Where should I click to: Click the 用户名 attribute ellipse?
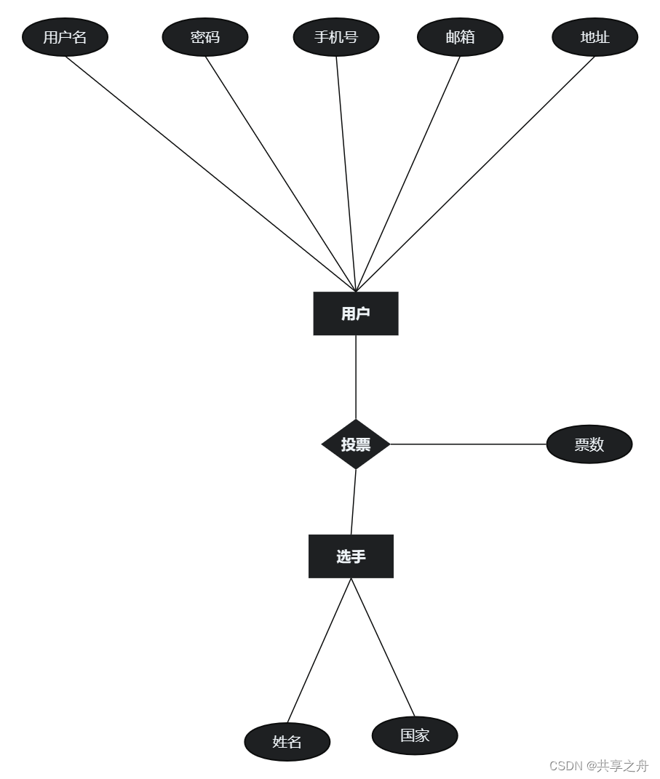point(65,37)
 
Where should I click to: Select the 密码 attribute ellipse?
point(205,37)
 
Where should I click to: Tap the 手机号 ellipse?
point(336,37)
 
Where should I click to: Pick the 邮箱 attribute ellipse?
point(460,37)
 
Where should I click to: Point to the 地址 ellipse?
point(595,37)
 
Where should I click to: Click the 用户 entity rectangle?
point(356,313)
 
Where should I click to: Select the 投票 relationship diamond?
point(356,444)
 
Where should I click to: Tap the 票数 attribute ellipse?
point(589,444)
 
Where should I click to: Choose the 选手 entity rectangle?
point(351,556)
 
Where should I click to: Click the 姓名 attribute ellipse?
point(287,742)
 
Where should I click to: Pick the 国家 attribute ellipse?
point(415,735)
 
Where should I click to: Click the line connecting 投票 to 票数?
point(468,444)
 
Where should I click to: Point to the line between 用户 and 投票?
point(356,377)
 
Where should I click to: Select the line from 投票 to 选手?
point(354,502)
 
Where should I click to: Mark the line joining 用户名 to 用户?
point(211,175)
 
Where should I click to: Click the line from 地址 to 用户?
point(475,175)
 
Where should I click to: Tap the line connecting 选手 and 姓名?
point(319,650)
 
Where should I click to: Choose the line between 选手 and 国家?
point(383,647)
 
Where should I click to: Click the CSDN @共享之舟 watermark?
point(598,766)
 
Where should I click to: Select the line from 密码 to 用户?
point(280,175)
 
